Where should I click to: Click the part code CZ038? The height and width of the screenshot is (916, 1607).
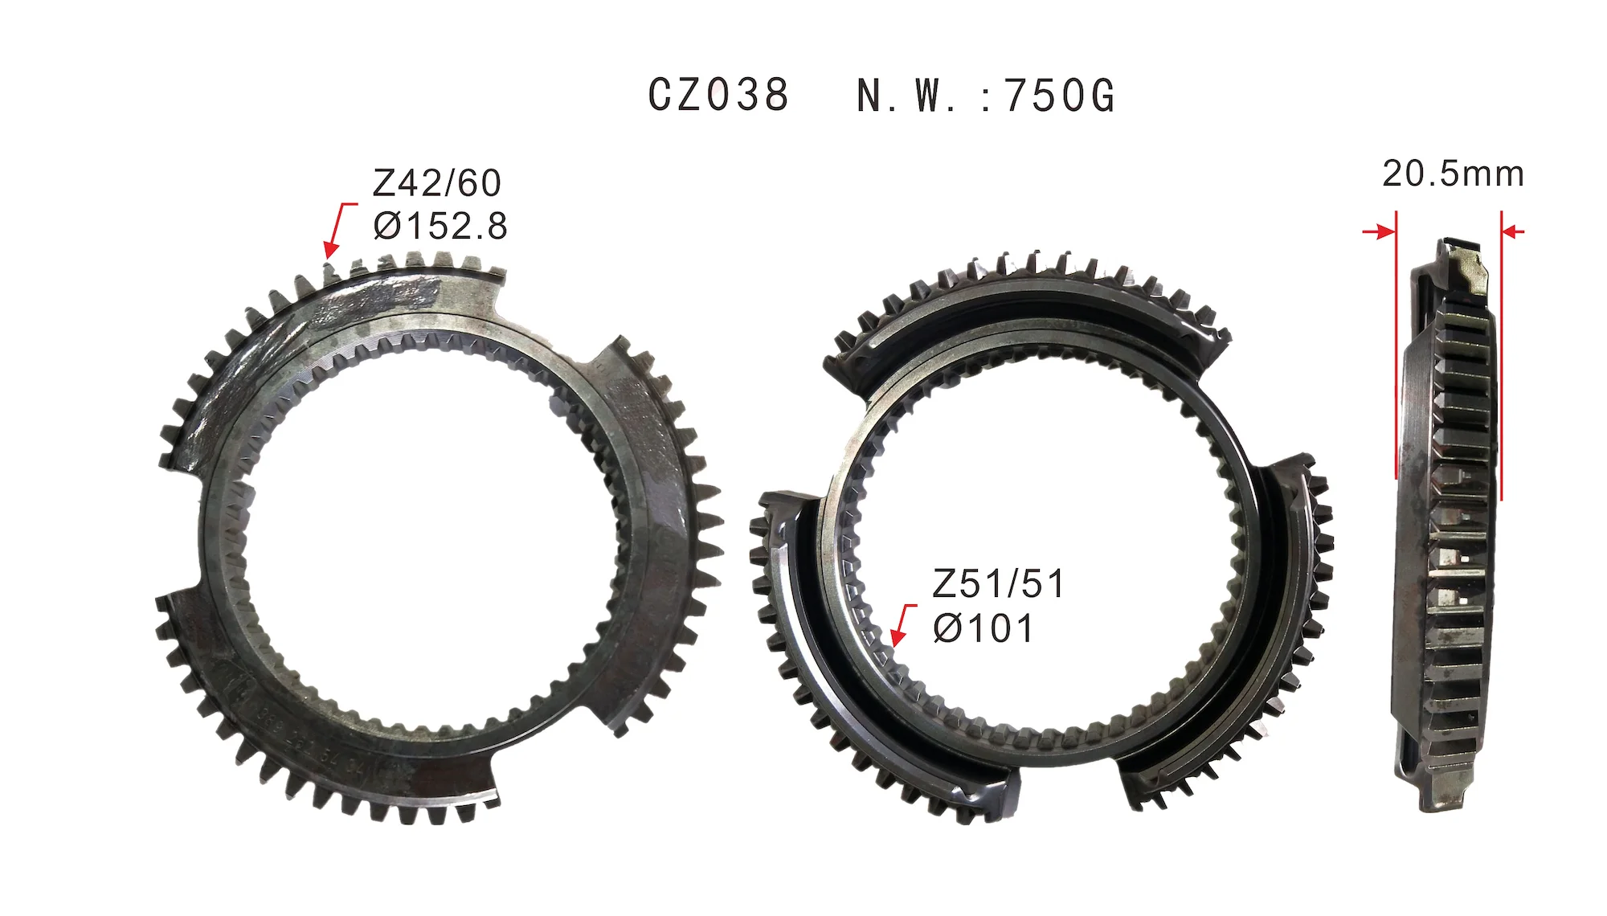(718, 96)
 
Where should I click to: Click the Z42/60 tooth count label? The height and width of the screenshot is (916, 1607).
(437, 183)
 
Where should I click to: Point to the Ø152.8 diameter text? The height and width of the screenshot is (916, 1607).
(440, 226)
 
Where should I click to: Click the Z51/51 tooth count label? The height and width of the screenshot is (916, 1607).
(998, 584)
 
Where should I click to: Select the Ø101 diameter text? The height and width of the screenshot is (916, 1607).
(983, 628)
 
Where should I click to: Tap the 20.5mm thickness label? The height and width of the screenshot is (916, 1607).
(1453, 174)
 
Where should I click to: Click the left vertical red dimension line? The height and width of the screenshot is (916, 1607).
(1396, 346)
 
